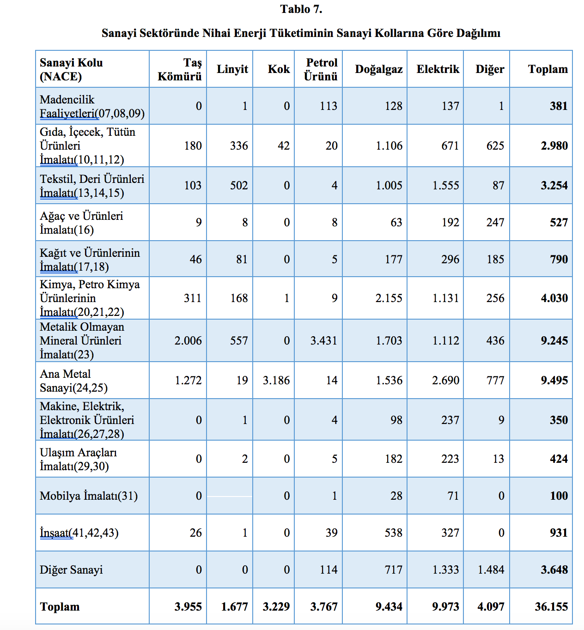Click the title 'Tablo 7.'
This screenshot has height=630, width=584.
[301, 9]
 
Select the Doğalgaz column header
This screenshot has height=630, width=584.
[378, 69]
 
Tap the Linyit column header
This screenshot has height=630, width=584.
[232, 69]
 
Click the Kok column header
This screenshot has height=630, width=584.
[279, 69]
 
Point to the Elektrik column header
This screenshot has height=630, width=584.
[438, 69]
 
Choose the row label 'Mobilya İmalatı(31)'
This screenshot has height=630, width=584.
[89, 496]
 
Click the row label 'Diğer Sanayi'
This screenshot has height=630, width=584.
[71, 570]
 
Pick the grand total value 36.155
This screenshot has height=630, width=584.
[551, 607]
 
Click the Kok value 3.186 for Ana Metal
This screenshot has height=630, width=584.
[276, 381]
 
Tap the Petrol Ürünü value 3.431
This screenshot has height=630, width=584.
[323, 341]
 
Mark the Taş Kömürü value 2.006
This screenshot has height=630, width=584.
[188, 341]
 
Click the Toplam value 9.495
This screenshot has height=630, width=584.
[554, 381]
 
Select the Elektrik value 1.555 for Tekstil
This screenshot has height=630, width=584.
[445, 186]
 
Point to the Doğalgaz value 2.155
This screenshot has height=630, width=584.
[389, 298]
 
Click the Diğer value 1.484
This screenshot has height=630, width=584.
[491, 570]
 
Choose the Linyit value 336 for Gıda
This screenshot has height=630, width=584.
[239, 146]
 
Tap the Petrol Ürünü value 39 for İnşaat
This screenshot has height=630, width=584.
[331, 533]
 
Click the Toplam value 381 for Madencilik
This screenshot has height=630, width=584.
[558, 106]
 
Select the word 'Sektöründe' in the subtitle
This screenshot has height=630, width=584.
[168, 33]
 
